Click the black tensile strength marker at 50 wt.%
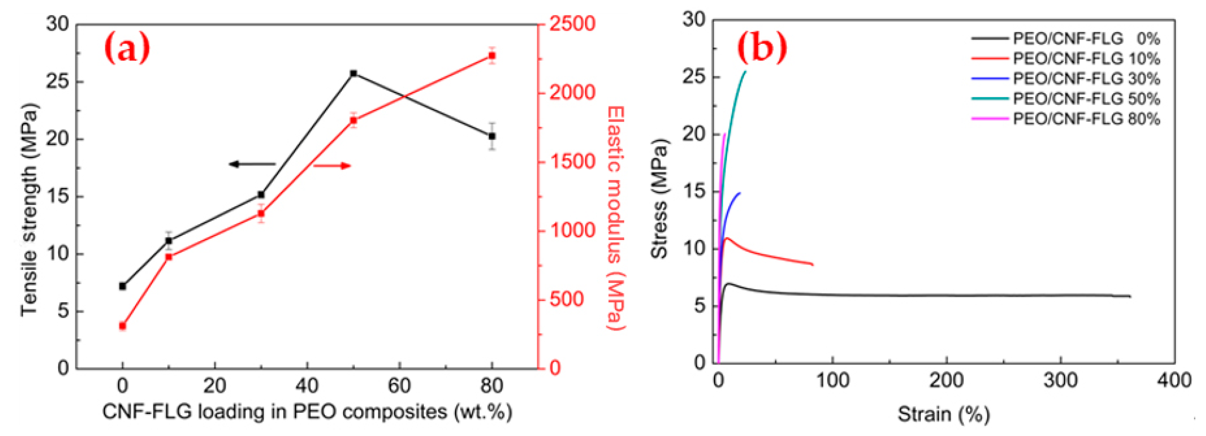coord(353,74)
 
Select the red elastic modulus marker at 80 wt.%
coord(492,56)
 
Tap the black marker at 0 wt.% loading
coord(123,286)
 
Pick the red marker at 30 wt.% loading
coord(261,214)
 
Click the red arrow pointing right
coord(332,165)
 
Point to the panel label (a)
coord(127,48)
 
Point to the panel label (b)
coord(762,47)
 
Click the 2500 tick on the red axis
coord(572,24)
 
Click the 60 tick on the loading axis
coord(399,386)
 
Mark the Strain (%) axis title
coord(943,414)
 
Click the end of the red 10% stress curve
coord(813,265)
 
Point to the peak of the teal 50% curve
coord(745,71)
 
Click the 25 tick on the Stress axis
coord(694,77)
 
